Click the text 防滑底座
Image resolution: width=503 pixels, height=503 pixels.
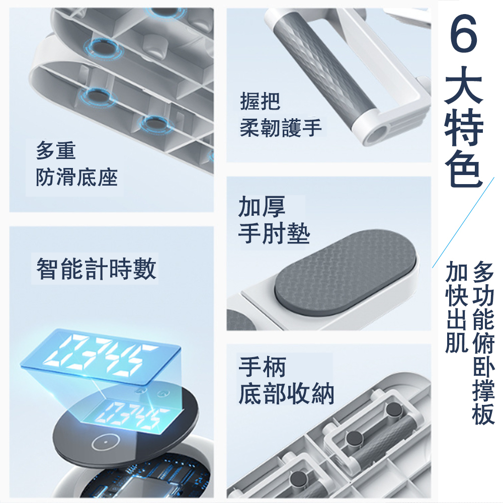tap(76, 177)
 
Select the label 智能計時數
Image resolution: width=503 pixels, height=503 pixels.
tap(96, 269)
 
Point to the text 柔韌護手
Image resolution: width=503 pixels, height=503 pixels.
tap(281, 127)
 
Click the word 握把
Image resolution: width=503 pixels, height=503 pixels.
tap(260, 102)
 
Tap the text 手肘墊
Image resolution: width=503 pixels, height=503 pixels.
tap(274, 233)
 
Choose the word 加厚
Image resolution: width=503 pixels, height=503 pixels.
tap(262, 207)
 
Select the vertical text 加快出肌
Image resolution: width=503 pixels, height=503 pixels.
tap(456, 307)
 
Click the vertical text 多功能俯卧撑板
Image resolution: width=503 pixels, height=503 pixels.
tap(483, 342)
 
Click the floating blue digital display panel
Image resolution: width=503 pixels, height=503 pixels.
tap(101, 357)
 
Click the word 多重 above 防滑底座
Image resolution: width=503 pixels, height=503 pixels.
tap(56, 151)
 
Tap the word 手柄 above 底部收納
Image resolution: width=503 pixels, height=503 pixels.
tap(262, 367)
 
